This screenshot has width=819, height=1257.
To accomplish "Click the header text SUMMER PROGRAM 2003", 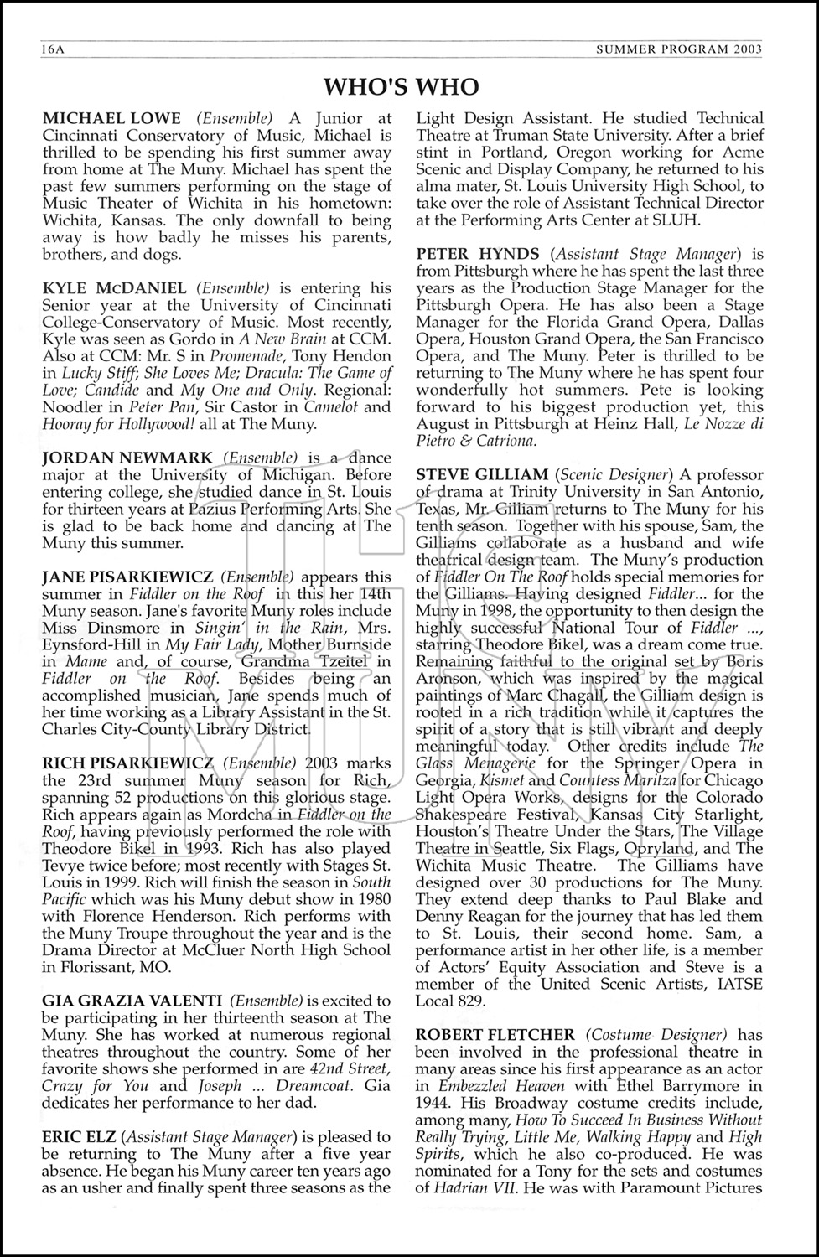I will click(678, 49).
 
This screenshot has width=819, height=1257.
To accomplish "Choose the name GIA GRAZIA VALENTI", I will click(132, 1000).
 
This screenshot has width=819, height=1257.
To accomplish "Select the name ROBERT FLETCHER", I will click(495, 1034).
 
